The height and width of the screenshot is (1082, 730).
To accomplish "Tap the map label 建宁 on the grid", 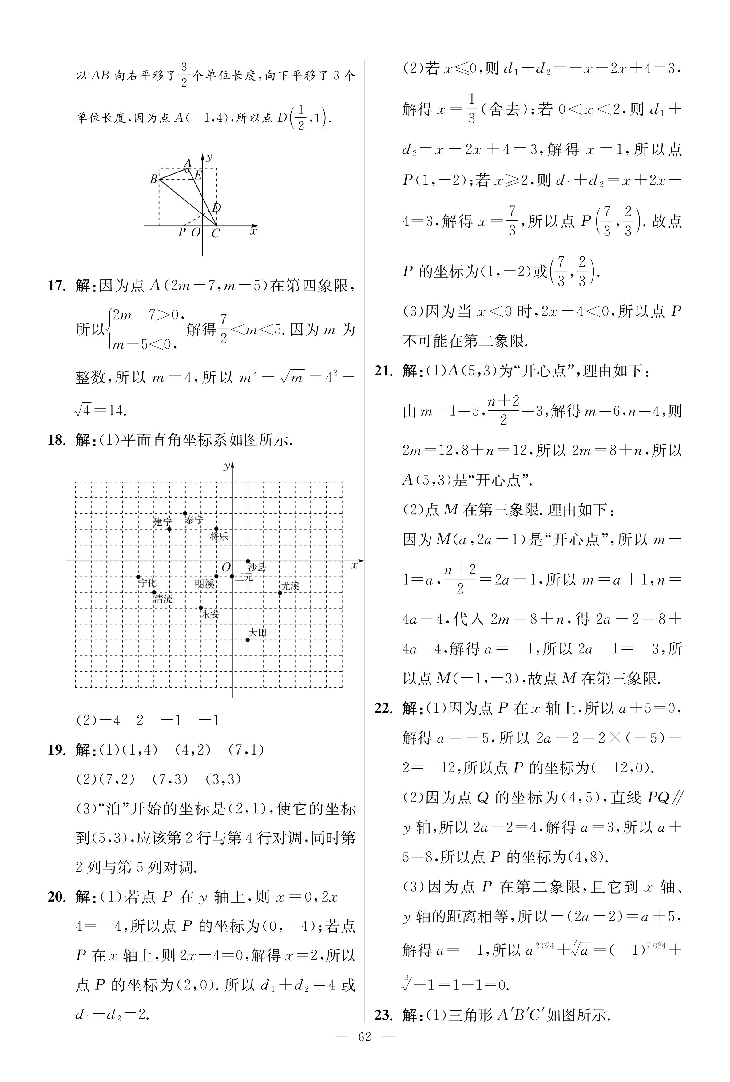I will [x=162, y=522].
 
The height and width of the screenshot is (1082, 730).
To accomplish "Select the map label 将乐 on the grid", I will [x=219, y=536].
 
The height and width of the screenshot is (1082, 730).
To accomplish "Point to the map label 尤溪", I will [x=291, y=586].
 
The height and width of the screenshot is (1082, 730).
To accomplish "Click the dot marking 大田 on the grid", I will [x=248, y=640].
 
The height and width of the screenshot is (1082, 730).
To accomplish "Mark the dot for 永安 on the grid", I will [x=201, y=608].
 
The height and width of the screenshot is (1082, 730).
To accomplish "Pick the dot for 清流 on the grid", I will [x=154, y=593].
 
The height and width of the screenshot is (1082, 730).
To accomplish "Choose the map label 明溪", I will [x=204, y=583].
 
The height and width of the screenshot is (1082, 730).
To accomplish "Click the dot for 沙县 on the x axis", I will [x=248, y=561].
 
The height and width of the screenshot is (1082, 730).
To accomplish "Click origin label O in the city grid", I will [x=226, y=567].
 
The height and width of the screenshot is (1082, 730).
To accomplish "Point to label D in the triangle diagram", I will [x=216, y=208].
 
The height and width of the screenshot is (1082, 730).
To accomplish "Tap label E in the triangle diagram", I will [x=198, y=176].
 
